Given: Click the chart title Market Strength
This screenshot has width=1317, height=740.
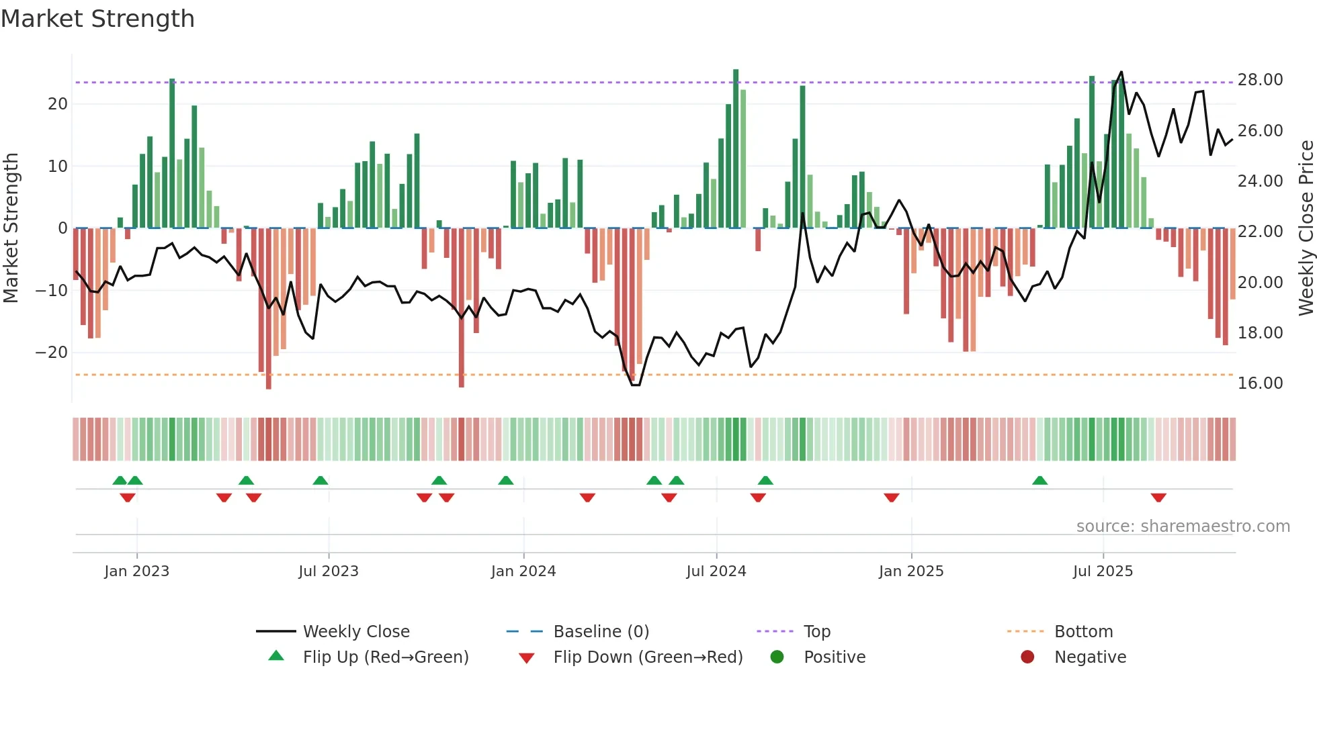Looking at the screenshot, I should click(97, 19).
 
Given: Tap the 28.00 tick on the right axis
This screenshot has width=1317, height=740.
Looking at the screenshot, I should click(1260, 80).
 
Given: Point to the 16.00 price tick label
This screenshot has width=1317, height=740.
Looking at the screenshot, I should click(1260, 383).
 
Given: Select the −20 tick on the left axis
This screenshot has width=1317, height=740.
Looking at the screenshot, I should click(51, 353).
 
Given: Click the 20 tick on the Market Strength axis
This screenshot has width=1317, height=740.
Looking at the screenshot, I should click(58, 104).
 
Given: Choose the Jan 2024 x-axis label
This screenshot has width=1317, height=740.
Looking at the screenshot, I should click(523, 571).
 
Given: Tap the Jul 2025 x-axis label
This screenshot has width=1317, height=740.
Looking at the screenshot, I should click(1103, 571).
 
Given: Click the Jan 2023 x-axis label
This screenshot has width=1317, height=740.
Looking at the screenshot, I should click(137, 571).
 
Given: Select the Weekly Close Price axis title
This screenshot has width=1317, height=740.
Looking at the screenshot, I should click(1306, 228).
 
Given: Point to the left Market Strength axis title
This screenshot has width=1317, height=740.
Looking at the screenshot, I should click(11, 228).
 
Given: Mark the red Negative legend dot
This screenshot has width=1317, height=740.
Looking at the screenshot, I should click(1027, 657).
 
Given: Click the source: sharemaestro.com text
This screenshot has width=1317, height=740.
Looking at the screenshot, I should click(1183, 526).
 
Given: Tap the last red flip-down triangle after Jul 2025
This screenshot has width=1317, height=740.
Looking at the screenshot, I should click(1158, 498).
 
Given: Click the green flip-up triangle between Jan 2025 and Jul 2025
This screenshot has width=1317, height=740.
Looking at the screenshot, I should click(1039, 480).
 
